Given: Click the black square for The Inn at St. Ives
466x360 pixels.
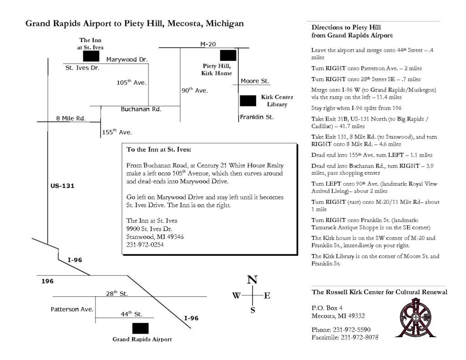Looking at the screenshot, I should pyautogui.click(x=91, y=56).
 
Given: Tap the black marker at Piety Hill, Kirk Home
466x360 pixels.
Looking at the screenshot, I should pyautogui.click(x=228, y=56).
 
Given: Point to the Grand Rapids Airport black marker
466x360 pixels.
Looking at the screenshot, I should pyautogui.click(x=140, y=328).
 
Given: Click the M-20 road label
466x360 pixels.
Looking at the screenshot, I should pyautogui.click(x=208, y=44).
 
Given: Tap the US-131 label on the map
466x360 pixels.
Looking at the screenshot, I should pyautogui.click(x=62, y=186).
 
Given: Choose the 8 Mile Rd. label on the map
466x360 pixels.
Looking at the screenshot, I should pyautogui.click(x=71, y=118).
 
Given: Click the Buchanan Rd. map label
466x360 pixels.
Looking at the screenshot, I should pyautogui.click(x=141, y=109).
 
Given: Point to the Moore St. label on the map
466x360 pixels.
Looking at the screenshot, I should pyautogui.click(x=255, y=81).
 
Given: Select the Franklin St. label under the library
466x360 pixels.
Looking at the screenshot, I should pyautogui.click(x=257, y=117).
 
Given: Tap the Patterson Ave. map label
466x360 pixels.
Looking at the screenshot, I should pyautogui.click(x=72, y=309).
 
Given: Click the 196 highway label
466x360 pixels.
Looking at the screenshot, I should pyautogui.click(x=47, y=281).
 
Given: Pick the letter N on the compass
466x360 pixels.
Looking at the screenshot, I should pyautogui.click(x=252, y=280).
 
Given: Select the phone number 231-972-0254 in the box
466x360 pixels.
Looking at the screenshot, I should pyautogui.click(x=145, y=244).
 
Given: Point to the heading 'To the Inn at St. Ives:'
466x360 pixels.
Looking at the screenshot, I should pyautogui.click(x=159, y=149).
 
